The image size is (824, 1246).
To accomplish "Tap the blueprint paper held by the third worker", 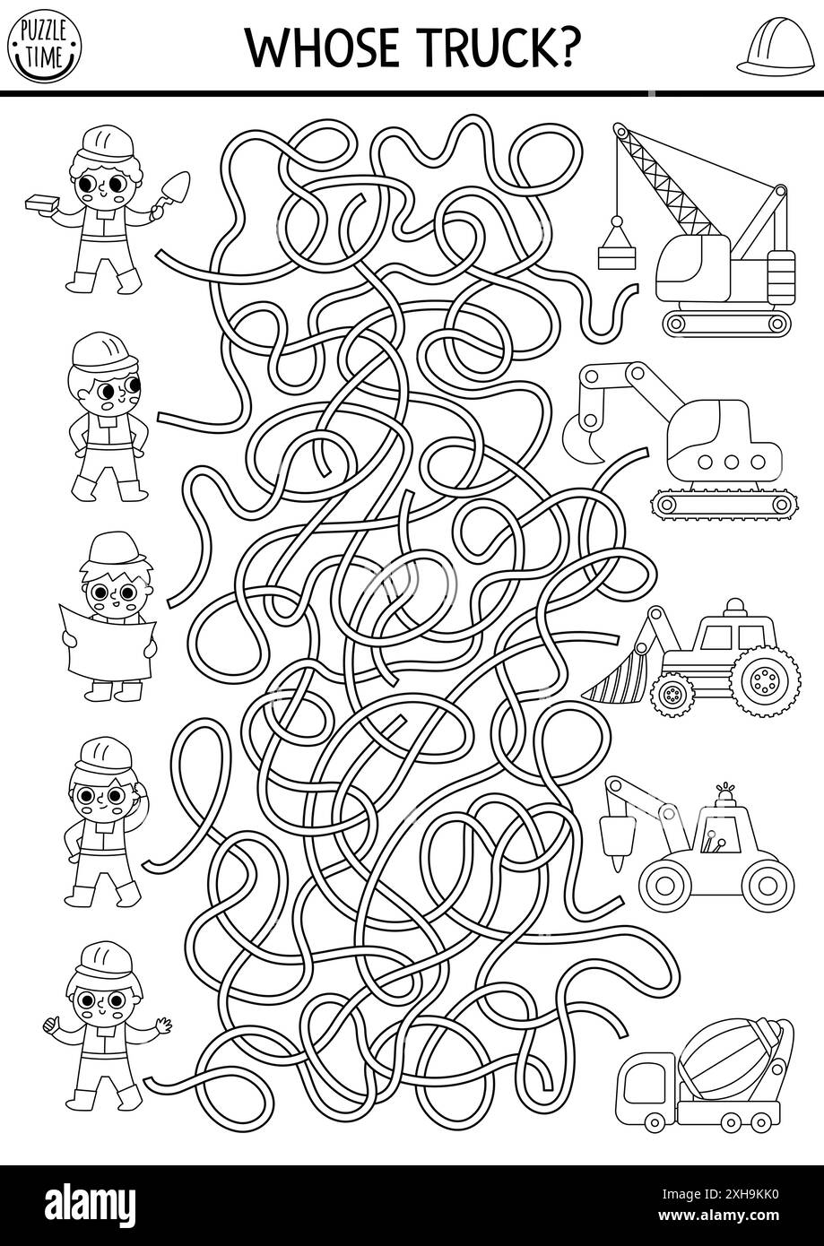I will pyautogui.click(x=107, y=639).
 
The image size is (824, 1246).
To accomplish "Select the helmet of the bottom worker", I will pyautogui.click(x=104, y=958).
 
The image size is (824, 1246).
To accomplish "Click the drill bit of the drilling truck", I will pyautogui.click(x=615, y=846).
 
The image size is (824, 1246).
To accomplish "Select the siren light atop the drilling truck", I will pyautogui.click(x=724, y=795).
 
